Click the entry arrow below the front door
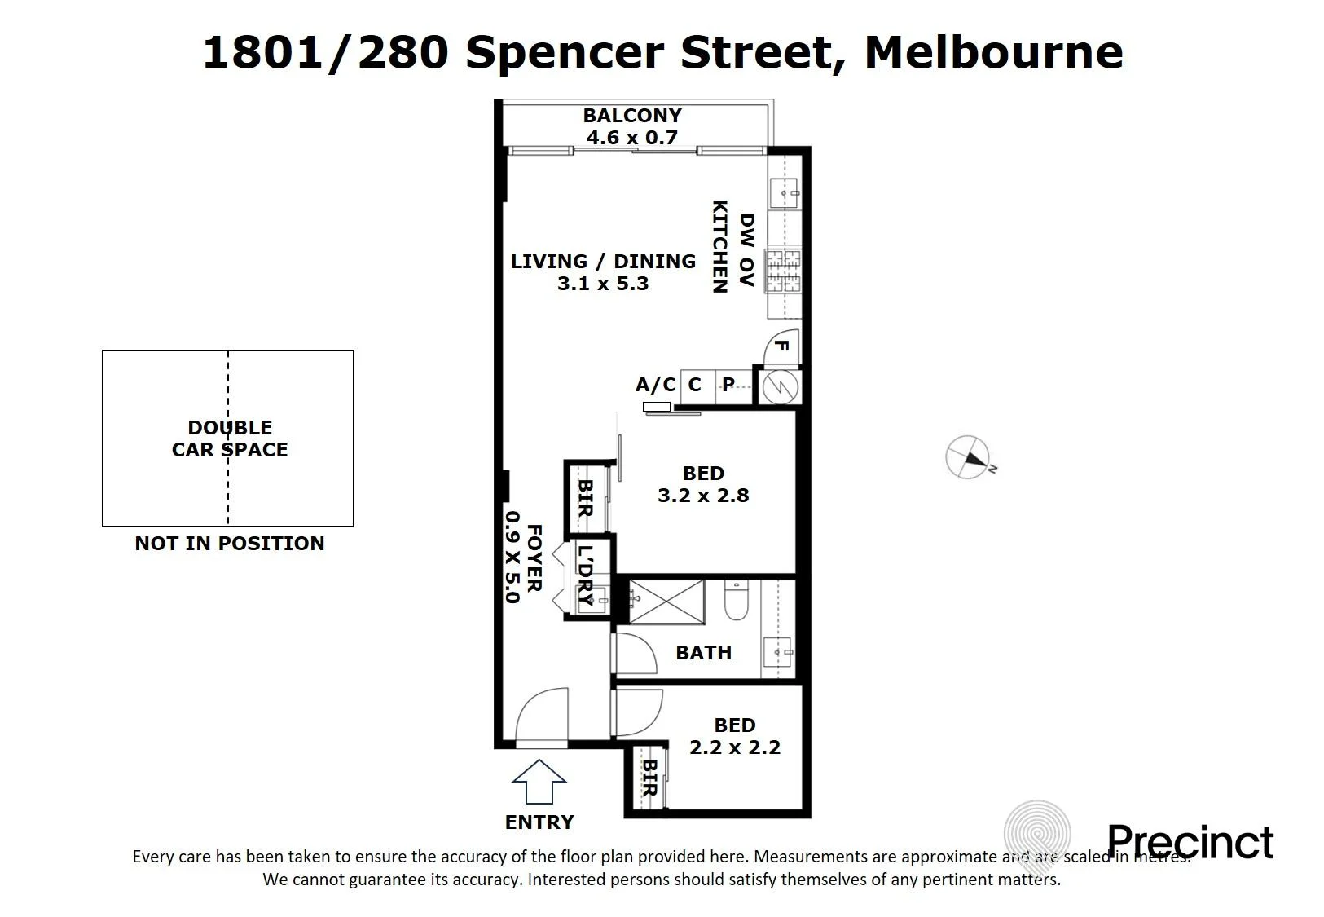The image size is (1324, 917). [539, 782]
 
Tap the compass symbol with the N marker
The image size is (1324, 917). [968, 457]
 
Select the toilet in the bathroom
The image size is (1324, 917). [737, 599]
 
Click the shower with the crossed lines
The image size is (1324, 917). [666, 602]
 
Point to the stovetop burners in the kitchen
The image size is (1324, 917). [782, 271]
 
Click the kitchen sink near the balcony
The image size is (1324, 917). [784, 192]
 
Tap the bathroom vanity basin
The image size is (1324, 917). [777, 652]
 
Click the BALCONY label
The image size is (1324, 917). [632, 115]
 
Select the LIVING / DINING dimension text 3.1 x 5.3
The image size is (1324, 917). [603, 284]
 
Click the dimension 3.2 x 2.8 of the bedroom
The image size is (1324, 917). [703, 496]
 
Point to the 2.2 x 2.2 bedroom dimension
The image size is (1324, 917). [735, 747]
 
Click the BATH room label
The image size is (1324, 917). [703, 653]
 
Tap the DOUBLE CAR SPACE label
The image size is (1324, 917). [230, 438]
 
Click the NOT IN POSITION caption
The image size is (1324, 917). [230, 544]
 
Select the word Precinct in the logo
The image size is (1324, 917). [1190, 842]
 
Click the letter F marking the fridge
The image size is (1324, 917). [781, 346]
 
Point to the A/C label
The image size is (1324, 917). [656, 385]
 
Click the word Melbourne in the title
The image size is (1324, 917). [993, 52]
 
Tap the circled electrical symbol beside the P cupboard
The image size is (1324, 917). [781, 387]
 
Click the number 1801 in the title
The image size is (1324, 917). [264, 52]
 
